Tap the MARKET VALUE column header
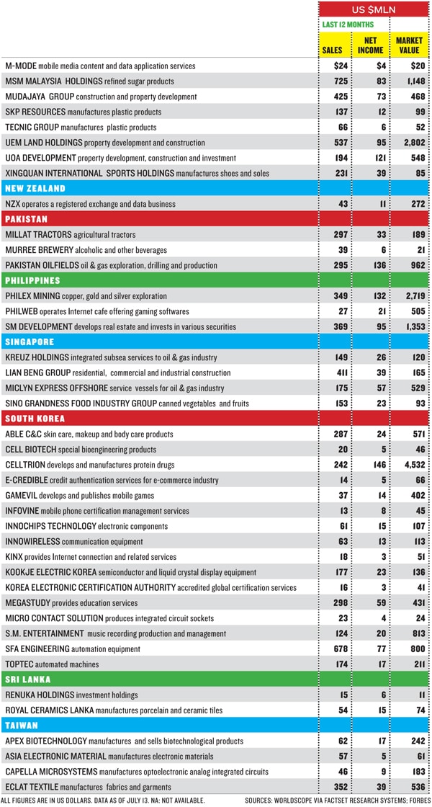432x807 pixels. (x=409, y=45)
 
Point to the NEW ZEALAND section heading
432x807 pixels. (x=35, y=189)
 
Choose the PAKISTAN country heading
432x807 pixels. (x=27, y=219)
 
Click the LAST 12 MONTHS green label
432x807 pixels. (x=348, y=24)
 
